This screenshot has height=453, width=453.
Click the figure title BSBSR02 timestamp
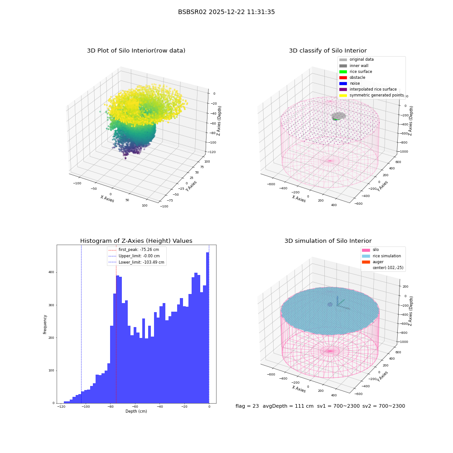[x=226, y=12]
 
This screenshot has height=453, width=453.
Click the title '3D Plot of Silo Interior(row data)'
[x=136, y=51]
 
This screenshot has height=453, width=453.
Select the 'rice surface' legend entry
[x=355, y=72]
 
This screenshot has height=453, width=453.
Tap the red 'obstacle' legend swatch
[x=343, y=77]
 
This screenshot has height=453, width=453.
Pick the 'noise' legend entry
[x=349, y=83]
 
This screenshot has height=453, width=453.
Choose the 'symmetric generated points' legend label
[x=376, y=95]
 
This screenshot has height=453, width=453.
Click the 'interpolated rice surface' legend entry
[x=368, y=89]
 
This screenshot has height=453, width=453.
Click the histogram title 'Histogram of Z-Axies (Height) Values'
[x=136, y=241]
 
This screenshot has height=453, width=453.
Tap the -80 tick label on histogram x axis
[x=110, y=406]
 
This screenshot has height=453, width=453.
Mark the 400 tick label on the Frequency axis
[x=51, y=272]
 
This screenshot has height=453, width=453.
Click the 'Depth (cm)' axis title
[x=136, y=411]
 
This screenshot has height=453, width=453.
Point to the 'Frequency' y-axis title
[x=45, y=324]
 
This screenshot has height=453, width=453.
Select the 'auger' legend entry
[x=373, y=262]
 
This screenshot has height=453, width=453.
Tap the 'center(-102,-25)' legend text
[x=388, y=268]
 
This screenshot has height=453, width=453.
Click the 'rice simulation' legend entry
[x=381, y=256]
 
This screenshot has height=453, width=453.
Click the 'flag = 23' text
[x=247, y=406]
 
